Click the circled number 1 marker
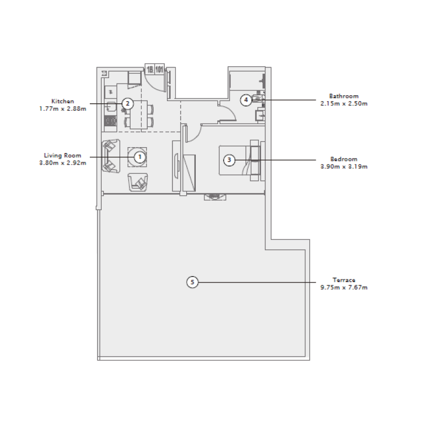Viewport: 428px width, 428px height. click(x=139, y=157)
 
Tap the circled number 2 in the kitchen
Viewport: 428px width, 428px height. click(x=127, y=104)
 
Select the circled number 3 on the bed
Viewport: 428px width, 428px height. click(x=229, y=159)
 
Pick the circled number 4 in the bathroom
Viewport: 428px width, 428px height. click(x=246, y=100)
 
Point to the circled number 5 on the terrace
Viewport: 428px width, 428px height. click(x=193, y=282)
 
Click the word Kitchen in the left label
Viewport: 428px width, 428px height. click(x=62, y=101)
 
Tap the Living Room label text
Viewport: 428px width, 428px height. click(x=63, y=156)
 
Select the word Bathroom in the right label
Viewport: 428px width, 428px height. click(x=345, y=96)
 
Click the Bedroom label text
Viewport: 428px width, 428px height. click(x=344, y=159)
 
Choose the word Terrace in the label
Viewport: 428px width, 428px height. click(x=343, y=280)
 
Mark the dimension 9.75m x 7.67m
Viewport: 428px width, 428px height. click(x=343, y=287)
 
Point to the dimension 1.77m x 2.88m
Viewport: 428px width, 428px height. click(x=63, y=109)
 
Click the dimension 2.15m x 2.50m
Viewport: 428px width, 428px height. click(x=345, y=104)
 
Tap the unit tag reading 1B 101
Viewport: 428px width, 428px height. click(x=155, y=70)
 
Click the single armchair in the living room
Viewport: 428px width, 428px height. click(x=139, y=183)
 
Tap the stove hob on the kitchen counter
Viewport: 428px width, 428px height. click(x=111, y=122)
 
